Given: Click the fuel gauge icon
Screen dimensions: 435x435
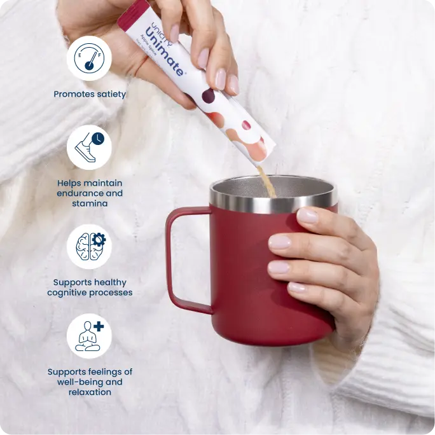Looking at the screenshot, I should [89, 58].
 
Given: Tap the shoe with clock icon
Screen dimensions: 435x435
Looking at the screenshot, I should [89, 147].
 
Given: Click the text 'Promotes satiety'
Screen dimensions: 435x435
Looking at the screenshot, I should [90, 94].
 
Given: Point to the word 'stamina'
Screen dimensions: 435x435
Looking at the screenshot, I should [90, 204].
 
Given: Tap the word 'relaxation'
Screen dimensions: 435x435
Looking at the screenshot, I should [90, 392].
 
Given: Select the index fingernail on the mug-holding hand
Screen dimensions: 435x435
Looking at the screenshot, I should [308, 216].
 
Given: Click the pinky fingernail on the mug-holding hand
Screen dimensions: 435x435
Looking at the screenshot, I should [297, 287].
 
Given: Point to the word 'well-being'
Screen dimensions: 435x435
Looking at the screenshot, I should [90, 382].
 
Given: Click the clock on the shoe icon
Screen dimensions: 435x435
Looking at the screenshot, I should [97, 137].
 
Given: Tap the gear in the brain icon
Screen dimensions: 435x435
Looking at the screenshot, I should [98, 240].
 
